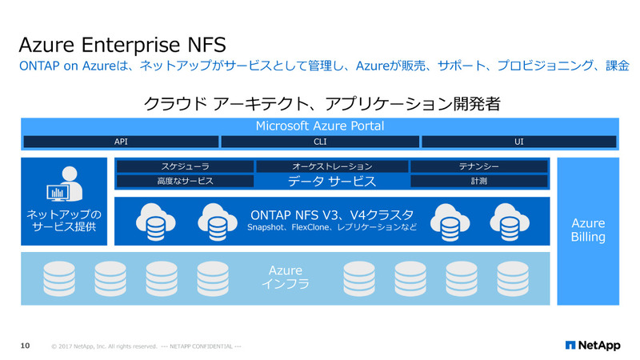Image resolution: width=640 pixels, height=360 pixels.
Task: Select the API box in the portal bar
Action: click(x=120, y=142)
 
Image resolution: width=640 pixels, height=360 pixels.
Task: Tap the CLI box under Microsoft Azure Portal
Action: click(x=319, y=142)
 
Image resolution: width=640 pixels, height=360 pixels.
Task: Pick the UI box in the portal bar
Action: click(x=518, y=142)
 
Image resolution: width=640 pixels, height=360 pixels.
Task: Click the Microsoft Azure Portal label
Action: click(x=319, y=126)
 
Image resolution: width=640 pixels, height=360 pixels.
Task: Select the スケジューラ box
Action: click(x=185, y=166)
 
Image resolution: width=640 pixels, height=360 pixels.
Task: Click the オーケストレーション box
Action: click(x=331, y=166)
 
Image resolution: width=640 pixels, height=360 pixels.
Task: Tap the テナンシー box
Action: click(x=479, y=166)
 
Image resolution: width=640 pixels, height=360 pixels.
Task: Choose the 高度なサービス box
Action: click(x=185, y=182)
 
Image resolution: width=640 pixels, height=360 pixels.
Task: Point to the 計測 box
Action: click(x=479, y=182)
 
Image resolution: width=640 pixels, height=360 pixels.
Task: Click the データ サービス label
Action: click(x=331, y=182)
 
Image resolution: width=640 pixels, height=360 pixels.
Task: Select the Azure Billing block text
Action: click(x=588, y=230)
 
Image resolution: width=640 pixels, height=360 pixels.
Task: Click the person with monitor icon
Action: click(x=63, y=185)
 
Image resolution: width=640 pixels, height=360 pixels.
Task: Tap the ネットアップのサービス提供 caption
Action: click(x=64, y=221)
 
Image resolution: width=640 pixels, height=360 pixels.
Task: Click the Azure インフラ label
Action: click(x=286, y=278)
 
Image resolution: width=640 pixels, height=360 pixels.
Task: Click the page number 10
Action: click(x=25, y=346)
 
